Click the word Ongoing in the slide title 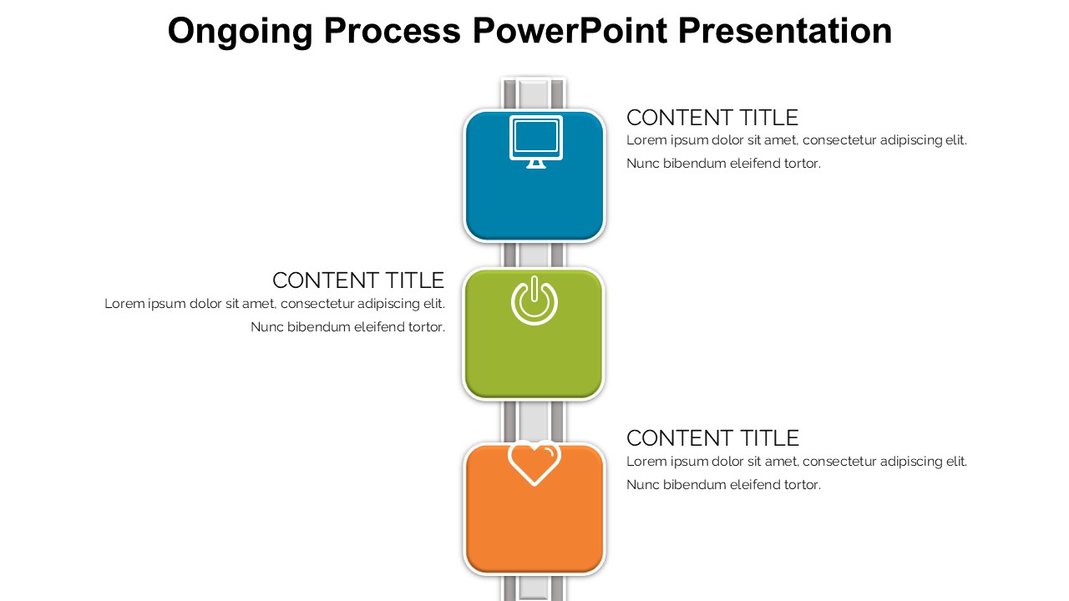(240, 33)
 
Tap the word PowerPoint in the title (570, 31)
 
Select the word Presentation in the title (785, 31)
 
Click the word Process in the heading (393, 31)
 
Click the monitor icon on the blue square (535, 142)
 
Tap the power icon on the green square (534, 300)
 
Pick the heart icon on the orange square (534, 463)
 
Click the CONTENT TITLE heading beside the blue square (712, 118)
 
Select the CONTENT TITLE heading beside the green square (358, 280)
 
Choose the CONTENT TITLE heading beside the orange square (712, 438)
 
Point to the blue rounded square (534, 175)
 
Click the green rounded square (534, 334)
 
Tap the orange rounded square (534, 508)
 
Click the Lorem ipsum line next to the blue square (797, 140)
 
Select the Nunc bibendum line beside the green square (348, 327)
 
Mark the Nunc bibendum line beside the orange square (723, 485)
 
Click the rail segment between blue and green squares (534, 255)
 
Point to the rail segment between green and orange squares (534, 422)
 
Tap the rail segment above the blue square (534, 93)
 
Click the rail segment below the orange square (534, 588)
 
